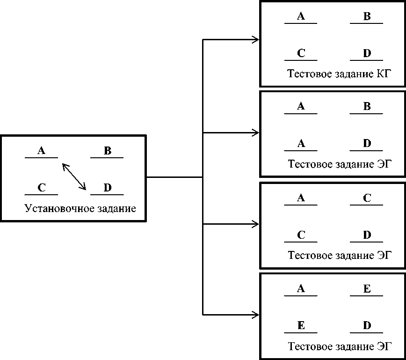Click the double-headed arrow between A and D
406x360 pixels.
74,176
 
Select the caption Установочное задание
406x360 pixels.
80,208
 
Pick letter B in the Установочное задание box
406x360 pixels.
107,151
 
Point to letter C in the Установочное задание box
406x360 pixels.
42,188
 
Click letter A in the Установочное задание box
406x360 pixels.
41,151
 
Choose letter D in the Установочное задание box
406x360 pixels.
107,188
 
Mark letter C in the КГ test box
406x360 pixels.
301,53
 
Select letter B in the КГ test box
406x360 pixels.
367,17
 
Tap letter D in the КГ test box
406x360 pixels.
367,53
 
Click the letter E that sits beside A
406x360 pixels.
367,289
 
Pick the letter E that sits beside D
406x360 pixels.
301,326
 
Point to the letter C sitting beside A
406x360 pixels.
367,198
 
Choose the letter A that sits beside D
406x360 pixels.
301,144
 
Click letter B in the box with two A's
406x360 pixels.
367,107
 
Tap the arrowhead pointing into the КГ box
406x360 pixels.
256,40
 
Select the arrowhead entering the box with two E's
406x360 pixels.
256,314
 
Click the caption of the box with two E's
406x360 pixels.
339,347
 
